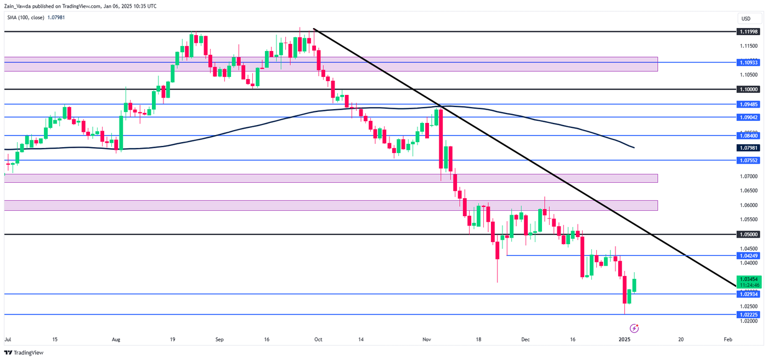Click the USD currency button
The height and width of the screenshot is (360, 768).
tap(746, 19)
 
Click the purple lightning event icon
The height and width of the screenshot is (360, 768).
tap(635, 329)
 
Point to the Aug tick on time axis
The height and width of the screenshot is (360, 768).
tap(115, 340)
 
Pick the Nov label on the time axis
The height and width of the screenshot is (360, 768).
tap(428, 340)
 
